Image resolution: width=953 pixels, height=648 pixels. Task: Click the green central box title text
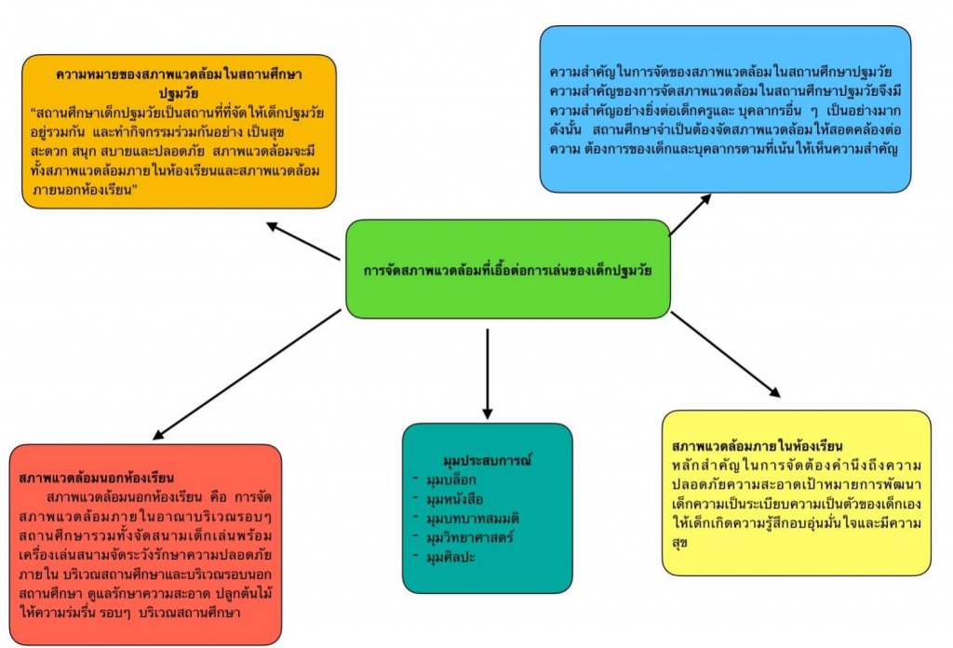click(x=507, y=271)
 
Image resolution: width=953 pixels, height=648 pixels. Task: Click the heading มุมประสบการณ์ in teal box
click(x=487, y=460)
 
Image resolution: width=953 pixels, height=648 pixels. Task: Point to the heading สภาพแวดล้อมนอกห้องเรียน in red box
click(x=97, y=478)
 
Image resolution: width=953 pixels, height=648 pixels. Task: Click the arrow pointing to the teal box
click(x=487, y=372)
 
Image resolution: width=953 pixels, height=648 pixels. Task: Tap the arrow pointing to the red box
click(x=247, y=373)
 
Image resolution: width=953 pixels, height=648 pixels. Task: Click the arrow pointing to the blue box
click(x=690, y=215)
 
